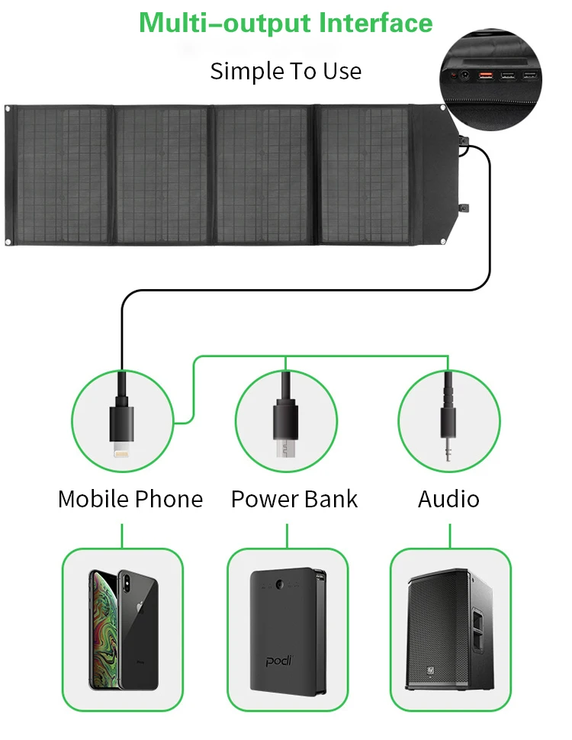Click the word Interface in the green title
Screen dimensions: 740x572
pos(376,23)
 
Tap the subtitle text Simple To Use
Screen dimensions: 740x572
pos(286,71)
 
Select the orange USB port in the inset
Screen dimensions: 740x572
pos(485,76)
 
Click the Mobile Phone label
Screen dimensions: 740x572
pos(130,499)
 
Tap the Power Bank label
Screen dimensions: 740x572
pos(294,499)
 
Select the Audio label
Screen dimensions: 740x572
pos(448,499)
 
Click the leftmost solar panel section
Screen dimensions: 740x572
pos(63,175)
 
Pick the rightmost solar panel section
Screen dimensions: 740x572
pos(364,175)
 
